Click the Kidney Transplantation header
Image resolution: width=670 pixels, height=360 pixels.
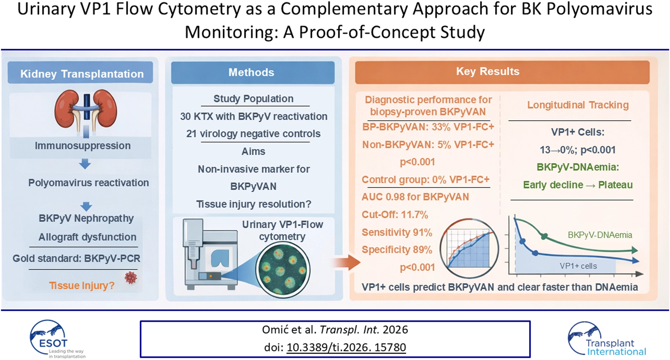click(82, 73)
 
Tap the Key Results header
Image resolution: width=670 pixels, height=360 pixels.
click(487, 71)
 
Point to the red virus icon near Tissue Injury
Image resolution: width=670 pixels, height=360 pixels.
click(131, 278)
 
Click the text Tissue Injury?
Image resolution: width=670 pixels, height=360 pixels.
click(82, 286)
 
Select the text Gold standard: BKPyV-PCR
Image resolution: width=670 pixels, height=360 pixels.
click(76, 258)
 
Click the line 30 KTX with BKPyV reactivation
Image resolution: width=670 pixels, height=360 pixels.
click(253, 116)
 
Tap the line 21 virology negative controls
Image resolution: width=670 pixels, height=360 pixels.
click(253, 133)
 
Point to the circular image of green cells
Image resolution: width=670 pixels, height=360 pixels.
click(283, 270)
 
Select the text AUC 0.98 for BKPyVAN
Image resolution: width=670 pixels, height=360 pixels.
click(415, 197)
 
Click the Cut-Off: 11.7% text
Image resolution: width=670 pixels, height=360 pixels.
click(394, 214)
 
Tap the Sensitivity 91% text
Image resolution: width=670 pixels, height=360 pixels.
click(397, 232)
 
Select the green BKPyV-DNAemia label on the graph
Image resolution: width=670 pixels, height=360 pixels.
click(599, 235)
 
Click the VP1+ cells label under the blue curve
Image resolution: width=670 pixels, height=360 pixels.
click(578, 266)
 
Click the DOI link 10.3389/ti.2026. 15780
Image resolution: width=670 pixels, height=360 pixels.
click(346, 347)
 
